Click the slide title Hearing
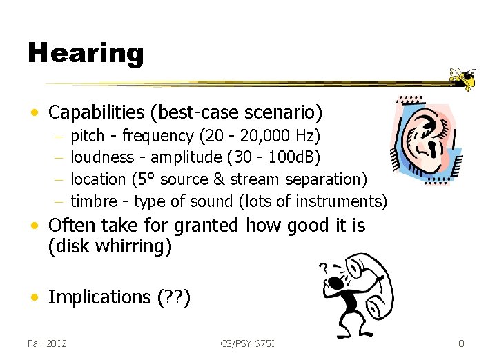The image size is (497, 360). coord(85,53)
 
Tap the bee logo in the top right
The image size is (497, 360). coord(464,79)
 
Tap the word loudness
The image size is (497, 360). coord(102,157)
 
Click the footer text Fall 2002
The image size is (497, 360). coord(47,343)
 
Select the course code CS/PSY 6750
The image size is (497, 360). coord(248,343)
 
